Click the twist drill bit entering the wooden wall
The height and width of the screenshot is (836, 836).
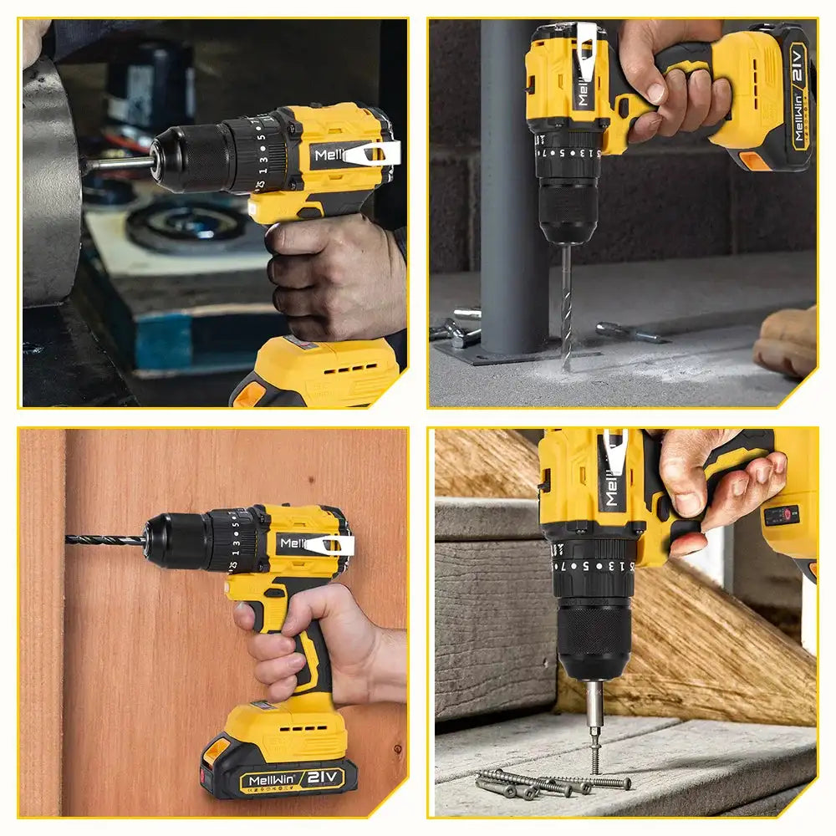coord(104,540)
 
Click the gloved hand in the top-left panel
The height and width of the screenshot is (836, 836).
coord(334,276)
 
